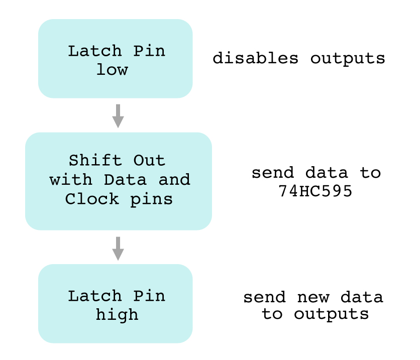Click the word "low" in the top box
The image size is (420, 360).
[x=112, y=69]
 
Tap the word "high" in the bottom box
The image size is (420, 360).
[x=117, y=314]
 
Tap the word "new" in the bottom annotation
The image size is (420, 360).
[x=312, y=297]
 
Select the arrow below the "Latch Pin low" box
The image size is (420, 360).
[x=118, y=116]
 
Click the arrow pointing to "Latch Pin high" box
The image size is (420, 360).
[x=118, y=248]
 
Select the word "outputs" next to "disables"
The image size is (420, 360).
[x=347, y=58]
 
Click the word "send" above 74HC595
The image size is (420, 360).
[x=270, y=173]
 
